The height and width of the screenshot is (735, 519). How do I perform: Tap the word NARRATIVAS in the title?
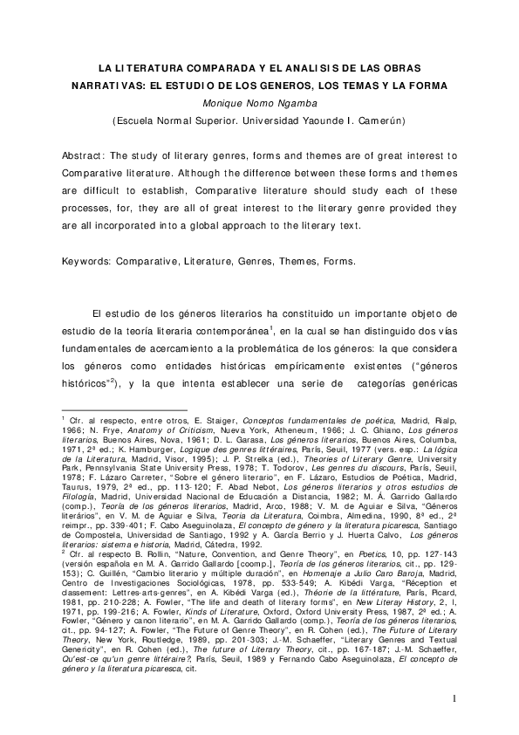click(106, 86)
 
